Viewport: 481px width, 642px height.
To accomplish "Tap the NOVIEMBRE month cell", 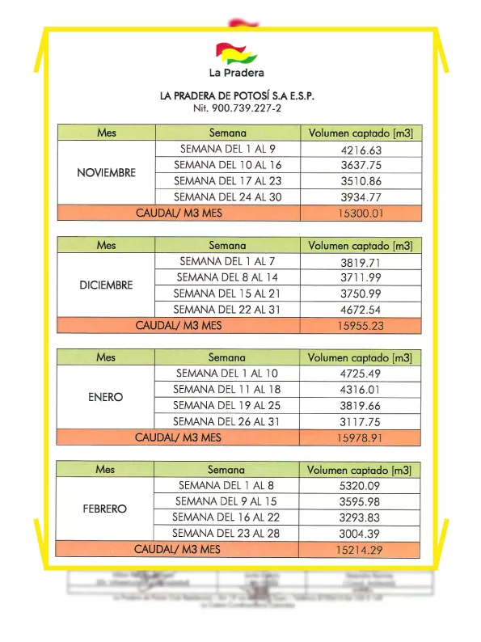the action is point(106,173).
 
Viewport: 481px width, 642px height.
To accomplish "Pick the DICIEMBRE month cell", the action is point(106,285).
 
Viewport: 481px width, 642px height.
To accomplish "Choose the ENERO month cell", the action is point(106,397).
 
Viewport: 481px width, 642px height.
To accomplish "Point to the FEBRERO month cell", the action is point(105,509).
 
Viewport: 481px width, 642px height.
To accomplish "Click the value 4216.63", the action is point(361,150).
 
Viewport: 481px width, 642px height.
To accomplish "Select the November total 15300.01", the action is point(361,213).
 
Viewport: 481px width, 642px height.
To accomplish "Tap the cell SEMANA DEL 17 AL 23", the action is point(227,181).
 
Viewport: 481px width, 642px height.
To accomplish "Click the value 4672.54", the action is point(361,310).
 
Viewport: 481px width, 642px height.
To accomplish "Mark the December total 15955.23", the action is point(361,326).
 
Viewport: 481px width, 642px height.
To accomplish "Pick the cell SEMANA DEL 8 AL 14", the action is point(227,277).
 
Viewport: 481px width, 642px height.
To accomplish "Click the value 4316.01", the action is point(361,389).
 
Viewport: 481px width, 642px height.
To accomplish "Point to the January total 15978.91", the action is point(360,437).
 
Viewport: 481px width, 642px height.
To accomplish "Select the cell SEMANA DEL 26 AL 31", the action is point(226,421).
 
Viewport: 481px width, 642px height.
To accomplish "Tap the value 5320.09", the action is point(360,485).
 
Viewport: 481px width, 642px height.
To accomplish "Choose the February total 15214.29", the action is point(360,550).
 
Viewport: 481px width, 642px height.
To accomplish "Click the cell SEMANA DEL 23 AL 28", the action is point(226,534).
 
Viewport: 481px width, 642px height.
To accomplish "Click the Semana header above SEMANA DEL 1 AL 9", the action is point(227,133).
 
